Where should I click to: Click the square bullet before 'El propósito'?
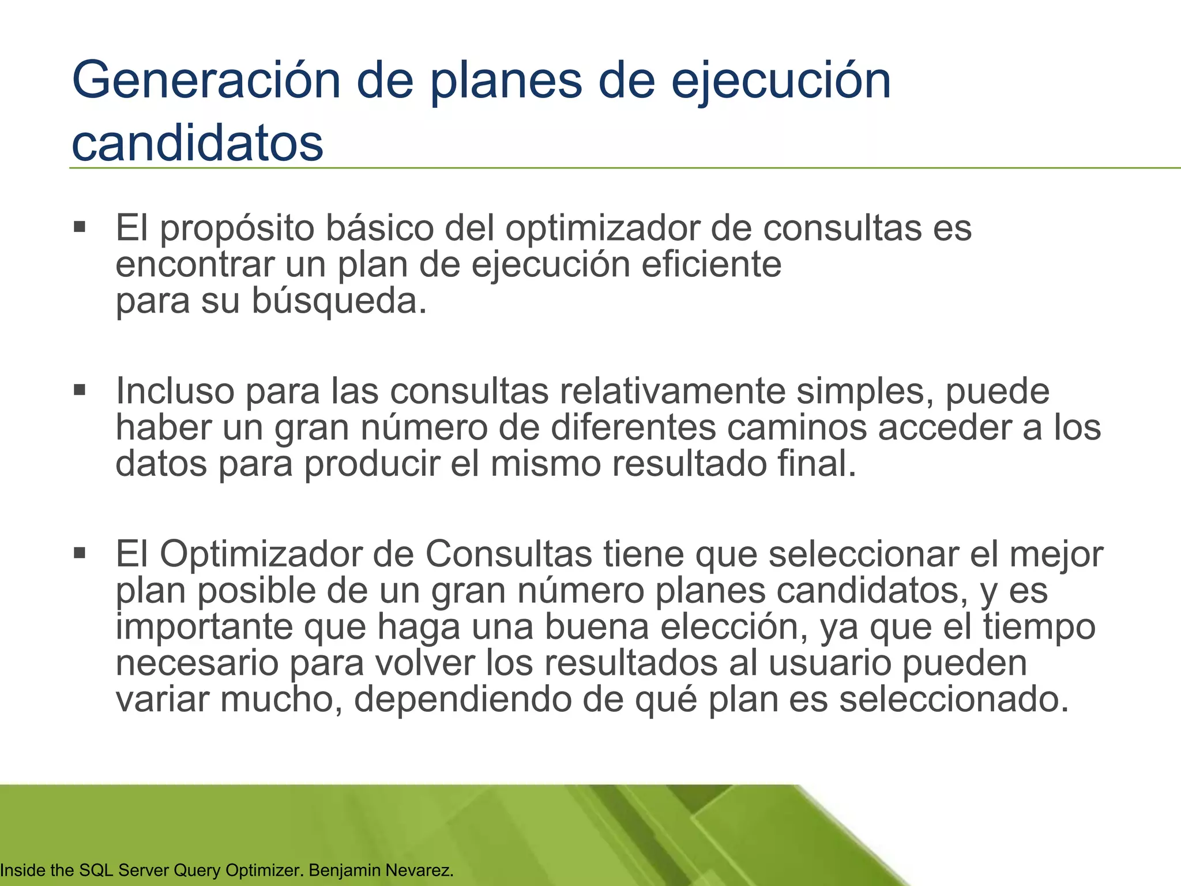[80, 226]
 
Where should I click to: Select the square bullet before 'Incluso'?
[80, 390]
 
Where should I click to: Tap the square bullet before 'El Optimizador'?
[80, 554]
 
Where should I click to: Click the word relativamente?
[672, 392]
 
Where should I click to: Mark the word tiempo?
[1039, 627]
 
